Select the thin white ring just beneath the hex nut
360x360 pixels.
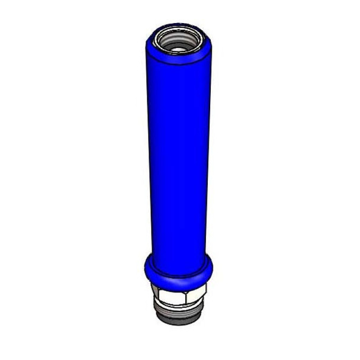pos(178,306)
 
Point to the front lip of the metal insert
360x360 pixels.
pos(177,52)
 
